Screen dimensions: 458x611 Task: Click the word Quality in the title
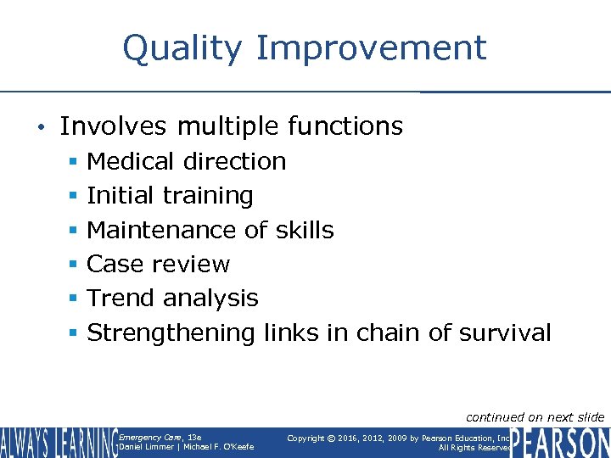tap(182, 48)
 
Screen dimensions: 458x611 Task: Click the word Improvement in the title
tap(371, 48)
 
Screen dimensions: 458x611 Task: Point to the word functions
tap(345, 126)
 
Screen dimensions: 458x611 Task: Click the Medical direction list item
tap(187, 161)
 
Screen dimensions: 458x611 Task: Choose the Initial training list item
tap(170, 195)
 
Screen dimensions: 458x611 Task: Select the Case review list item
tap(159, 264)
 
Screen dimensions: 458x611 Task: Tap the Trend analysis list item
tap(172, 299)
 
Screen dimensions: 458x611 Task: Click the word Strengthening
tap(171, 332)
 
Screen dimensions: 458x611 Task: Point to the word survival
tap(505, 332)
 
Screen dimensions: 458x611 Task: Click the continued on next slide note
tap(535, 416)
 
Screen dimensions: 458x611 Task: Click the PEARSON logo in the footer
tap(561, 442)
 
